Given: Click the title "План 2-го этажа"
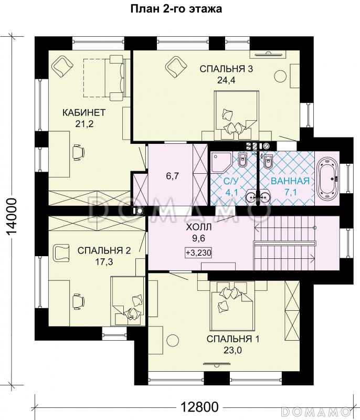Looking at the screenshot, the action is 176,9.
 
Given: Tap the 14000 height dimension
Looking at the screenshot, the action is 12,217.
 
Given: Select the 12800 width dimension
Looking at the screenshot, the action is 199,407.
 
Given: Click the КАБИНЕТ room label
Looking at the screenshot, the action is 84,112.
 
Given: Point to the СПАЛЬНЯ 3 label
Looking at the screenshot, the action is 226,69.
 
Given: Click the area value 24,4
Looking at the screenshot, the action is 226,80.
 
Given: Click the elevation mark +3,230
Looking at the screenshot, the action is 198,253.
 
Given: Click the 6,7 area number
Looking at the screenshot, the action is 172,176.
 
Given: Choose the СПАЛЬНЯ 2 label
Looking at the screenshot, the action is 104,250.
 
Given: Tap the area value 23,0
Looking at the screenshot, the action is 232,350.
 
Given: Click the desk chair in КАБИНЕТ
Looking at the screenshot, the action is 78,152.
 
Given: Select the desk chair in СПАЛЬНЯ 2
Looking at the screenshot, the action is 78,301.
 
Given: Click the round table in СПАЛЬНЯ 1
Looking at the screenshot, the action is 173,340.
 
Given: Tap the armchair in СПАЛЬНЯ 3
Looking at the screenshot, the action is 176,66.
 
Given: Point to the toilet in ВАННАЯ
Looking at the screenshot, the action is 268,160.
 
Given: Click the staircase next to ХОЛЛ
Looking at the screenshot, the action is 285,243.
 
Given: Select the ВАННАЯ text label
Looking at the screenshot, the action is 290,181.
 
